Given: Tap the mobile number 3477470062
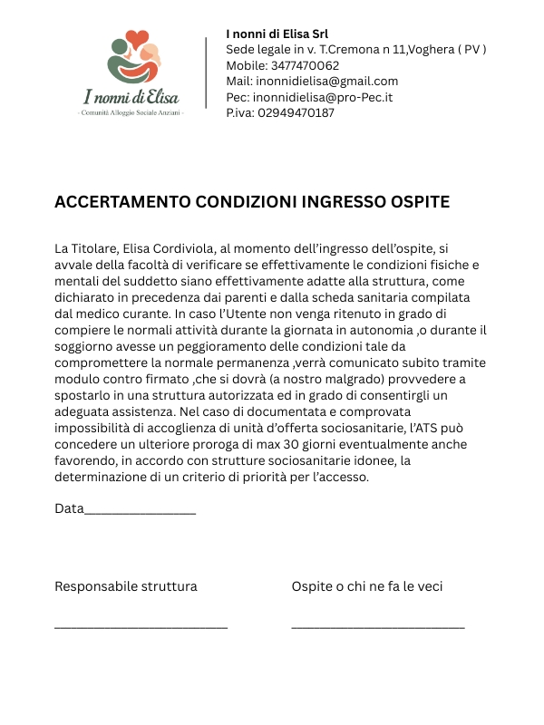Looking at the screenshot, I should click(306, 65).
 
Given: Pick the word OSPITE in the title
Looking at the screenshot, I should click(420, 201).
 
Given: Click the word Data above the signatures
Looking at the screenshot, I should click(69, 508).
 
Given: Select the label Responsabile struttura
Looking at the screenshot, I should click(126, 586).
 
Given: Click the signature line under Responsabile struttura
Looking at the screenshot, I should click(141, 626).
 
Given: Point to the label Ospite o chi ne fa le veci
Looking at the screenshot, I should click(367, 586).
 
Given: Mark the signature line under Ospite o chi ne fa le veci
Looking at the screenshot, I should click(378, 626).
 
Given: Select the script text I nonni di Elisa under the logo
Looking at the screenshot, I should click(131, 95).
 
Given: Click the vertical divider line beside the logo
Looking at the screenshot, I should click(207, 72).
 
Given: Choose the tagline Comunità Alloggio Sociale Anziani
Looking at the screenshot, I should click(131, 112).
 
